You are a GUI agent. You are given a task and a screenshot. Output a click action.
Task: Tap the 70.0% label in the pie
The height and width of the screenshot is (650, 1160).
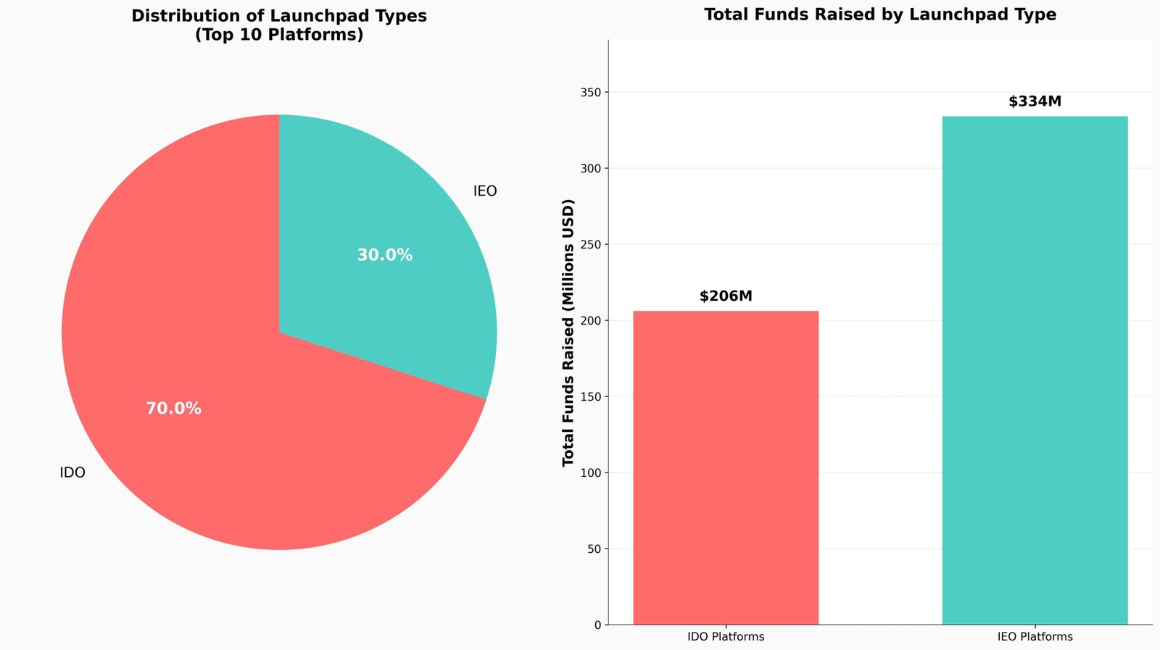tap(173, 409)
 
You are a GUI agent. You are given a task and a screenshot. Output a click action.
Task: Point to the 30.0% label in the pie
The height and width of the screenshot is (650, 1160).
tap(384, 255)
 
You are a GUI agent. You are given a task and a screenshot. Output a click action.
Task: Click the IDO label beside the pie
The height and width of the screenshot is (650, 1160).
tap(72, 473)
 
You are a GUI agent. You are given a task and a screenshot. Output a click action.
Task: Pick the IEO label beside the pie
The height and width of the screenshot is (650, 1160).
tap(485, 191)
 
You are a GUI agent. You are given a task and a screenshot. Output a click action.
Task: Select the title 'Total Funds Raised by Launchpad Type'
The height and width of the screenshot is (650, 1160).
tap(879, 14)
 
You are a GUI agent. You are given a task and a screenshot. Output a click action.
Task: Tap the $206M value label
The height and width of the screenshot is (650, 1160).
tap(726, 296)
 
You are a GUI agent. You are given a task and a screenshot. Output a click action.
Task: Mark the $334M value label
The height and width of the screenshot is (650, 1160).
tap(1035, 101)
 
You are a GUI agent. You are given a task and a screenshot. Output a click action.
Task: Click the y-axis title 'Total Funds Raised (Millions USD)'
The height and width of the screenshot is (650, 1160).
tap(568, 332)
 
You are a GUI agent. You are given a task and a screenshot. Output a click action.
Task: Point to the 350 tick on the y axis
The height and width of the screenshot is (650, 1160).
tap(591, 93)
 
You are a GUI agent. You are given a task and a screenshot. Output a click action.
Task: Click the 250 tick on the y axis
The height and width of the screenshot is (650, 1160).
tap(591, 245)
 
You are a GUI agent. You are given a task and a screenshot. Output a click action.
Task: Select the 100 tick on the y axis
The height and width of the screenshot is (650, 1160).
tap(591, 473)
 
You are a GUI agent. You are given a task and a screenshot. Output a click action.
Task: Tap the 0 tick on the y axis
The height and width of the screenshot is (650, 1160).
tap(597, 625)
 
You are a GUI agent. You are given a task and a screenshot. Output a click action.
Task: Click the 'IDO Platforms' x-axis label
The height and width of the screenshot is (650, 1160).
tap(726, 637)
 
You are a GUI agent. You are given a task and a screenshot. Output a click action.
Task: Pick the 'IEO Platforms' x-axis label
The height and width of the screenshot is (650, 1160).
tap(1035, 637)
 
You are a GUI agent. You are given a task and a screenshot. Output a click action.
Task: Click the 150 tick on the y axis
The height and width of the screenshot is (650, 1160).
tap(591, 397)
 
